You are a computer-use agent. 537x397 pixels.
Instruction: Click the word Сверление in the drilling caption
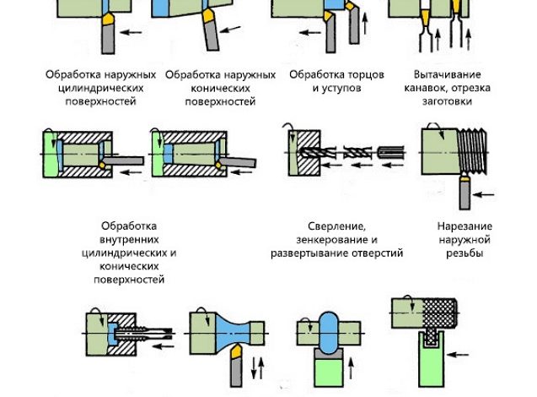[x=337, y=226]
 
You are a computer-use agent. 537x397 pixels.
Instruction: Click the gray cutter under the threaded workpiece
[x=464, y=193]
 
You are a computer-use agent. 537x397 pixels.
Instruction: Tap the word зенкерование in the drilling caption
[x=329, y=239]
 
